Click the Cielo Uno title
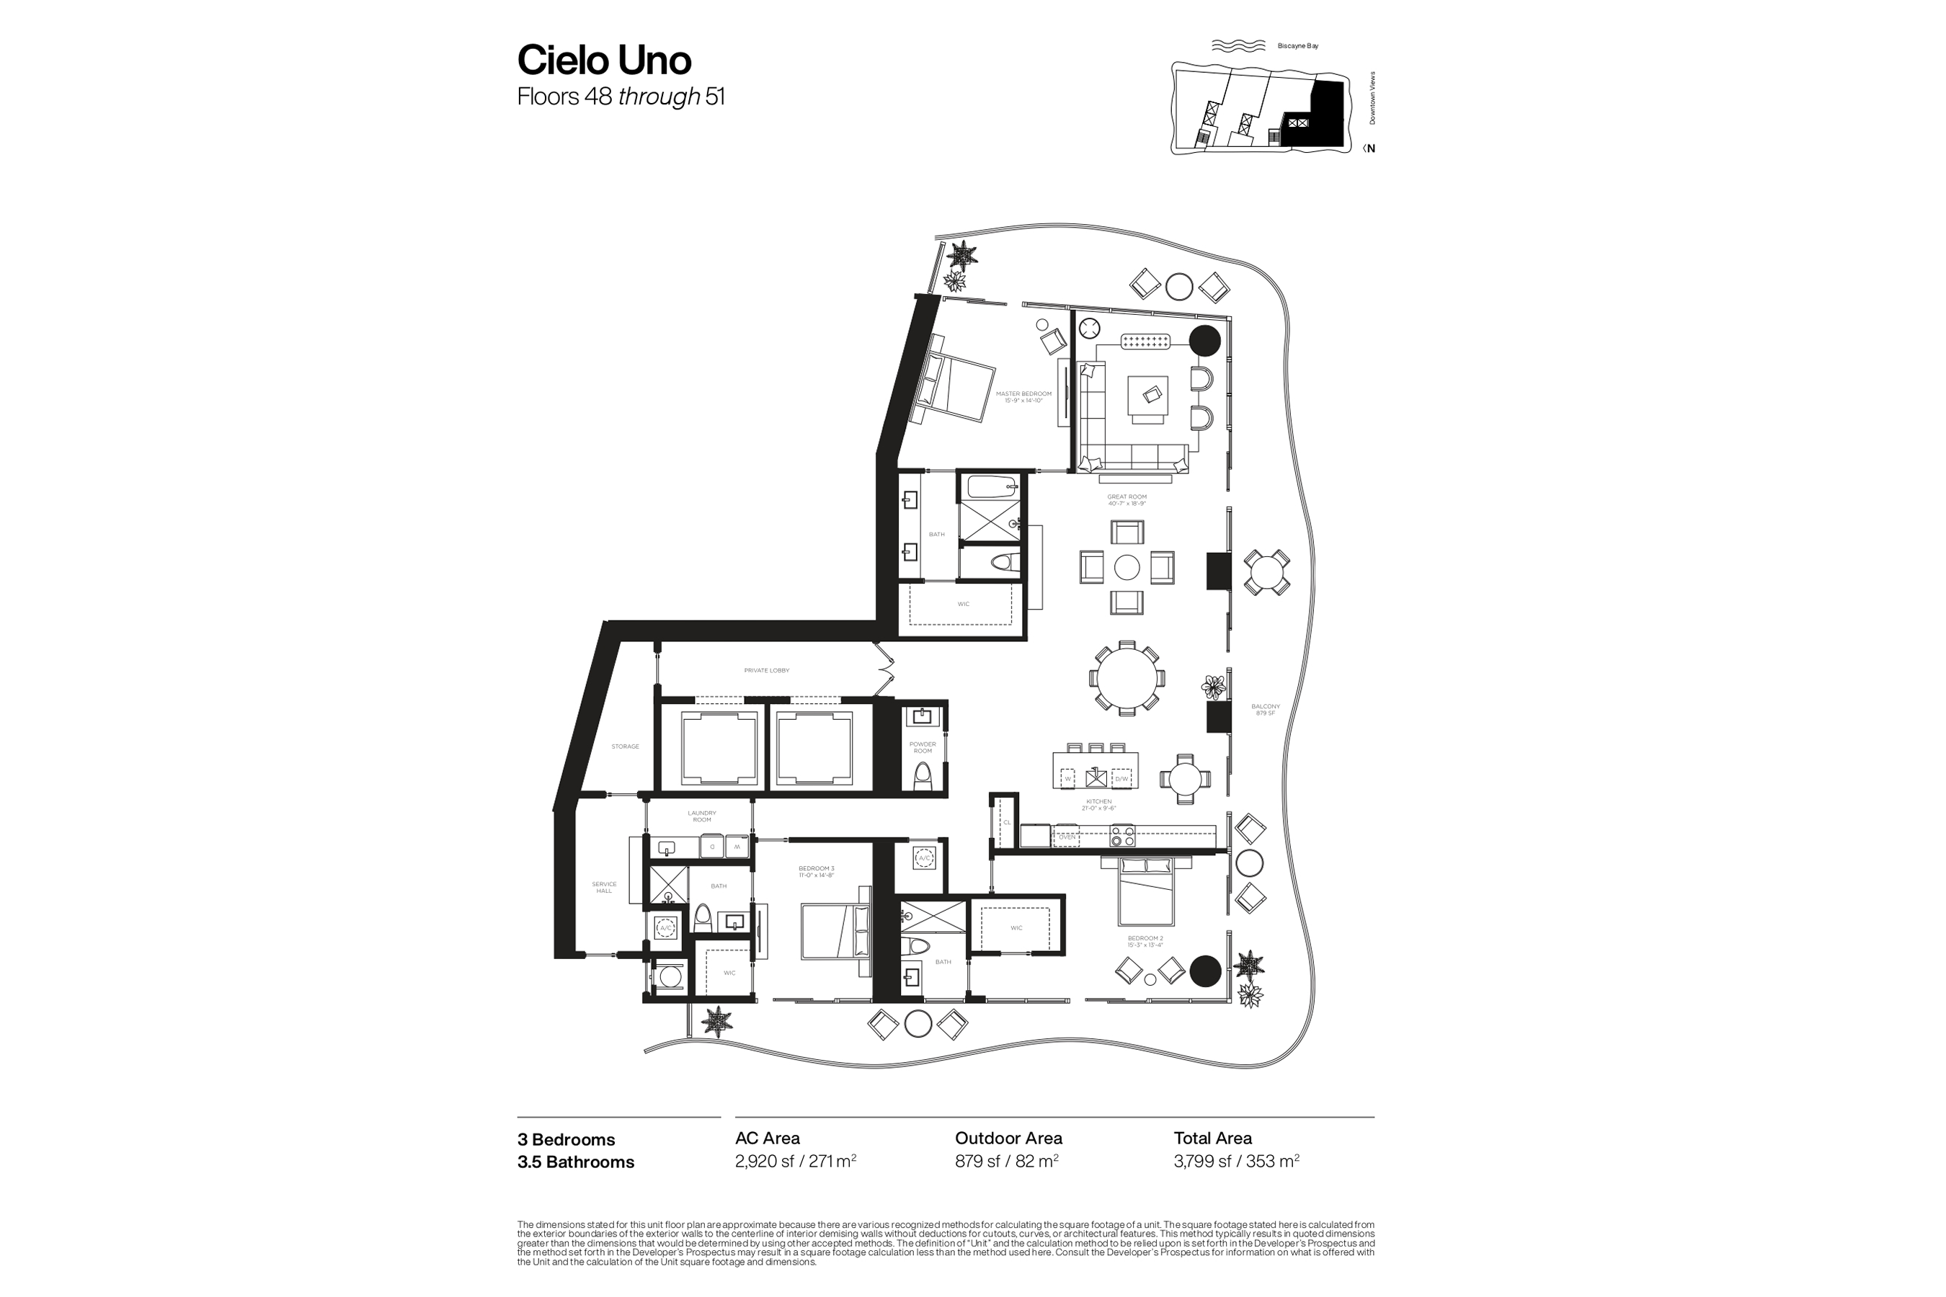point(604,60)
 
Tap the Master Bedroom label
point(1023,397)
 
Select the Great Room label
point(1127,499)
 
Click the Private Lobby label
point(766,671)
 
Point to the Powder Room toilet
point(923,776)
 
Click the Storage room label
point(625,746)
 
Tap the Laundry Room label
point(701,816)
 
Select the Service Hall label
point(604,888)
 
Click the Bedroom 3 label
point(816,871)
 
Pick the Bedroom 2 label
point(1145,941)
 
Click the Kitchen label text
point(1098,805)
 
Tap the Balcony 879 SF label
point(1265,710)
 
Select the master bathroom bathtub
point(990,486)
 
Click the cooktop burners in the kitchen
point(1122,837)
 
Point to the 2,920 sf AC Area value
point(795,1162)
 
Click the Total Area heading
point(1212,1138)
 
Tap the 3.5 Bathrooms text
point(576,1162)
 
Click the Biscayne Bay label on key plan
point(1297,46)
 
